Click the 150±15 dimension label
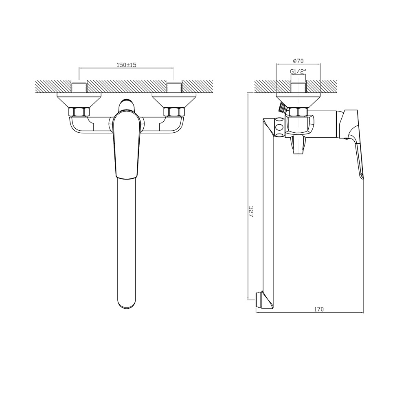click(x=127, y=65)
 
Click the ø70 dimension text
click(x=298, y=61)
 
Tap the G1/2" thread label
click(x=298, y=71)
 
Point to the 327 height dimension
click(x=251, y=211)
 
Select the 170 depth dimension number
click(x=319, y=309)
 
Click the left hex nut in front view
click(x=79, y=112)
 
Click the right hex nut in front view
click(x=174, y=112)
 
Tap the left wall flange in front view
click(x=79, y=100)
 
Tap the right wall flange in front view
click(x=174, y=100)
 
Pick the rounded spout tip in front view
click(x=127, y=303)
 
